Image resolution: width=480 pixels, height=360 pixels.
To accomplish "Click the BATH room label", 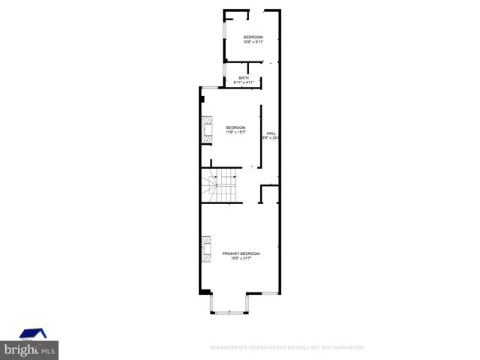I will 244,77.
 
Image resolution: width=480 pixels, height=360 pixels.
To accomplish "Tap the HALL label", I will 271,133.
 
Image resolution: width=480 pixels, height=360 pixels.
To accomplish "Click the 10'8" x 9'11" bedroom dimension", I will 253,42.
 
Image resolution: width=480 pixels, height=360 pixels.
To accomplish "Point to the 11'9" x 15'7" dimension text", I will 236,132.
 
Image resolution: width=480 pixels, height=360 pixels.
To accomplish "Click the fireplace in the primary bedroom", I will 205,248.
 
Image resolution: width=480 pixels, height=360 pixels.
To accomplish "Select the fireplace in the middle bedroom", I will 205,130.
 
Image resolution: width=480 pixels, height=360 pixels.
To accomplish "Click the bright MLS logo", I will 30,349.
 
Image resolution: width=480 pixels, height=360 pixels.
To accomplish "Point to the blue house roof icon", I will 32,333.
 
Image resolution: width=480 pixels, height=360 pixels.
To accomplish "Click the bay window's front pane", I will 229,311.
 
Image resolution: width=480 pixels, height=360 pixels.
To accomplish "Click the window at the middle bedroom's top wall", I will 209,88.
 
